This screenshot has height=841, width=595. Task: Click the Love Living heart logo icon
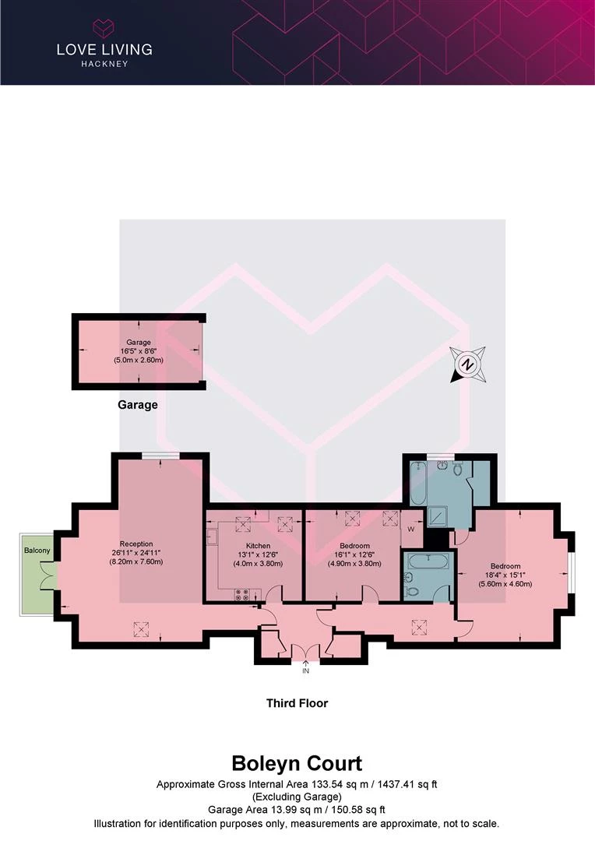click(104, 28)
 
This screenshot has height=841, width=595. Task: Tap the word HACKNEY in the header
click(104, 64)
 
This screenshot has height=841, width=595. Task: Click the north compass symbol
click(467, 364)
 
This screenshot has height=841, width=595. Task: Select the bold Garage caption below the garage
click(138, 405)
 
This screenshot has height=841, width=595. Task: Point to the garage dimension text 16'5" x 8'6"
click(139, 351)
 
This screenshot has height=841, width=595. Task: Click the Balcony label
click(37, 551)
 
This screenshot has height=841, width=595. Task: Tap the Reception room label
click(136, 544)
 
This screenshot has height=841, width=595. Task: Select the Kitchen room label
click(258, 545)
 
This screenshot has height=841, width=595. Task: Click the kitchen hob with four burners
click(241, 595)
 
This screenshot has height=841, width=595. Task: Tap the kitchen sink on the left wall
click(212, 537)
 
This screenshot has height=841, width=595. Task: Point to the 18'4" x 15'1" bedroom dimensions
click(510, 576)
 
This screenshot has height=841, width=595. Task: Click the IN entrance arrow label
click(306, 670)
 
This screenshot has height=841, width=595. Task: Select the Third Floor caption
click(297, 703)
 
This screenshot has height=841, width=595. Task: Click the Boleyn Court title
click(297, 762)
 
